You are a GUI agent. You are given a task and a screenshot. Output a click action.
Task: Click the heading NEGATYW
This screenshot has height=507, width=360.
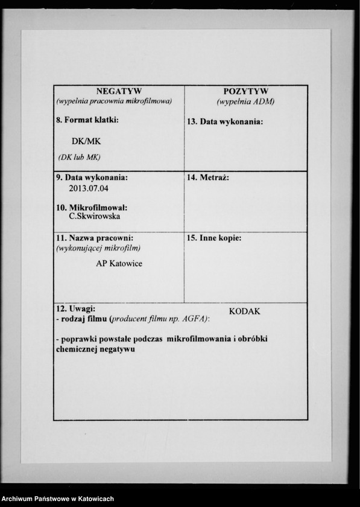119,91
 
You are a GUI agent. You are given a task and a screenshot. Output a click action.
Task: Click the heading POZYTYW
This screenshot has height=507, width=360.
245,91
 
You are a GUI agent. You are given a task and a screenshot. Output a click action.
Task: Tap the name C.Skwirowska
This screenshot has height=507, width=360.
94,216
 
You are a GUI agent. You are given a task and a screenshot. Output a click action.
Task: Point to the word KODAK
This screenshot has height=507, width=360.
244,311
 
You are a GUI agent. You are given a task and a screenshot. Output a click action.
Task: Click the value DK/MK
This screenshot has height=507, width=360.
86,141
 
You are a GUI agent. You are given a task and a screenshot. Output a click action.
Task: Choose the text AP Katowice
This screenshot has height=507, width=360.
119,264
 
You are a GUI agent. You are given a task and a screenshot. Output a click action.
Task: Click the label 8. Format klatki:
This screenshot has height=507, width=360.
87,120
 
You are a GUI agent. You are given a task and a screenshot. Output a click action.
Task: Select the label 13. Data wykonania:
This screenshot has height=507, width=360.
225,122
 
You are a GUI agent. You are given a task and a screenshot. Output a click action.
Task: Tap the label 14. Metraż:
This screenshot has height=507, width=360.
208,178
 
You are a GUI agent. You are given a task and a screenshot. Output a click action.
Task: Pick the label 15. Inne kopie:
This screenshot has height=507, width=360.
214,238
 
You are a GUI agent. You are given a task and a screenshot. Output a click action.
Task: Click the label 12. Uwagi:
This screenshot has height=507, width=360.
75,308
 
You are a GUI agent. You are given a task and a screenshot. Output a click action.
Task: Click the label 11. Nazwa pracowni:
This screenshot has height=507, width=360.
95,238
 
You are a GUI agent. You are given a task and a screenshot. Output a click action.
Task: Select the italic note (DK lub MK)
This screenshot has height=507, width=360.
79,157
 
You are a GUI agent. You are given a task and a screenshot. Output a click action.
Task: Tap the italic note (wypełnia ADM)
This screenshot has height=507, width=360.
245,101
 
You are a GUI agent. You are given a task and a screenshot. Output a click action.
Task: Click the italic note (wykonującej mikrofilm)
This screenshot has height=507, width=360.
98,248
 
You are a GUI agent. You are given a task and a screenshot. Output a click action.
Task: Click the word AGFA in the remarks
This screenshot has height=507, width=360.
192,318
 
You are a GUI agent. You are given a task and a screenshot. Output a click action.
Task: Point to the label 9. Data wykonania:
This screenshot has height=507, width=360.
92,178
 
